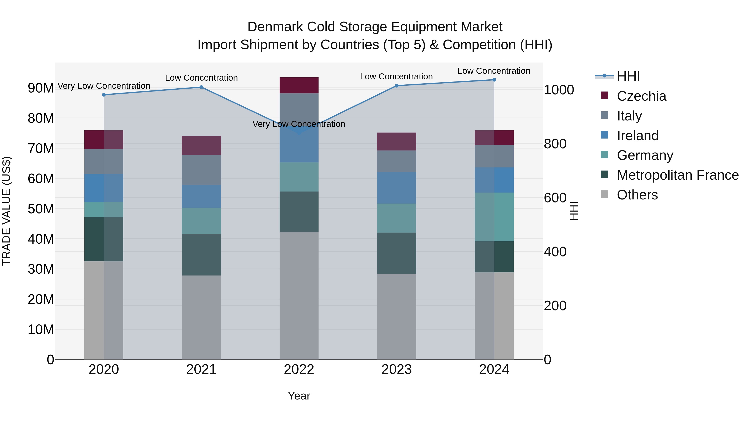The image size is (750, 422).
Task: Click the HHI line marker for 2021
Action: (x=201, y=87)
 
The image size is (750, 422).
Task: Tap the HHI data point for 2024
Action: (x=494, y=80)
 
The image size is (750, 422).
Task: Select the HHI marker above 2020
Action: (x=104, y=95)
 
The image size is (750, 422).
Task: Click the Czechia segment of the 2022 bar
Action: (x=299, y=85)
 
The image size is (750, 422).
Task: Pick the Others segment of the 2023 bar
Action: (x=396, y=316)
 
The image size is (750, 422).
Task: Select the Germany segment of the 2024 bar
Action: (x=494, y=217)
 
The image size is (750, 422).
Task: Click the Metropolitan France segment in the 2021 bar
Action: (x=201, y=254)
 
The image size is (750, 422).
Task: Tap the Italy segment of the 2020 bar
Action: (x=104, y=162)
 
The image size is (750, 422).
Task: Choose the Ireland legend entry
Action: (x=637, y=136)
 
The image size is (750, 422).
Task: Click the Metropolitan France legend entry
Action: (x=677, y=175)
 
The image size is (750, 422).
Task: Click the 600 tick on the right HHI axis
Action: (x=555, y=198)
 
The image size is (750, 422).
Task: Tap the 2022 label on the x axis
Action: (x=299, y=369)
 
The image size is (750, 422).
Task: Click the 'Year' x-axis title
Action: (x=299, y=396)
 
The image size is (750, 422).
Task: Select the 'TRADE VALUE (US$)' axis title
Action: (x=6, y=211)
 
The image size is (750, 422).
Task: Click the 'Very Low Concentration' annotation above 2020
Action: (x=104, y=86)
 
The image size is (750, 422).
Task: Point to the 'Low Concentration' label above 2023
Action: (x=396, y=77)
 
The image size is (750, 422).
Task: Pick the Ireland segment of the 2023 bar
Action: (x=396, y=188)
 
